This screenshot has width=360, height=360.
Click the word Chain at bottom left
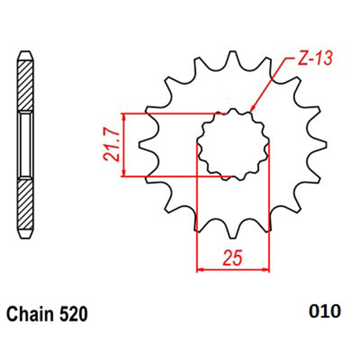(x=30, y=314)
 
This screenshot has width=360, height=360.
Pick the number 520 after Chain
(x=73, y=314)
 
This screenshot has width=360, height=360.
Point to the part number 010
(x=324, y=311)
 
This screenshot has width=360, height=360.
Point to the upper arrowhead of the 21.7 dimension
(x=124, y=117)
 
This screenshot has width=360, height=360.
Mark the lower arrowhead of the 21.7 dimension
(x=124, y=173)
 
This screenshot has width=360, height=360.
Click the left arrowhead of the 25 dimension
(x=200, y=270)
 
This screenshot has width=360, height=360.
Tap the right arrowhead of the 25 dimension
(x=265, y=270)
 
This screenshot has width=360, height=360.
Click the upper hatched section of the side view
(x=25, y=85)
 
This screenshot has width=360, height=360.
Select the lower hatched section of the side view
(x=25, y=204)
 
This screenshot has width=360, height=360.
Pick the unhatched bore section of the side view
(x=25, y=145)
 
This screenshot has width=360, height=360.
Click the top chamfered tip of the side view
(x=25, y=56)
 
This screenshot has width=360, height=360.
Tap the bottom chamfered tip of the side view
(x=25, y=234)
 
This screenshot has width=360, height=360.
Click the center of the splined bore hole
(x=233, y=144)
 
